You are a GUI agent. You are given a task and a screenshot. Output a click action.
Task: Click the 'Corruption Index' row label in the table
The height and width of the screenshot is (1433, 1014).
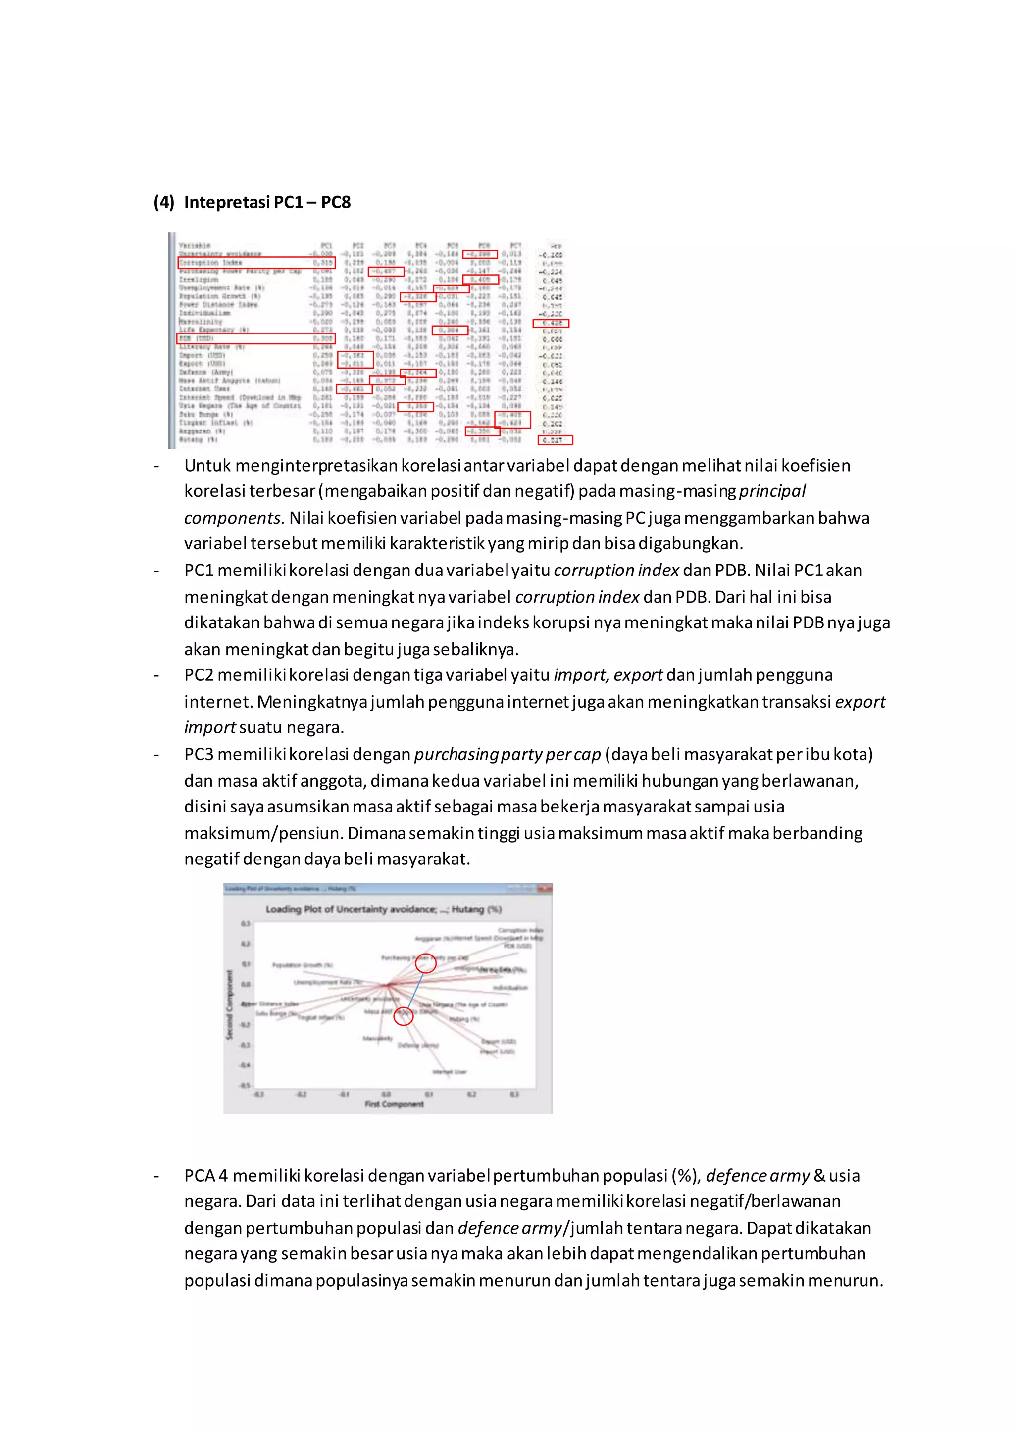point(210,263)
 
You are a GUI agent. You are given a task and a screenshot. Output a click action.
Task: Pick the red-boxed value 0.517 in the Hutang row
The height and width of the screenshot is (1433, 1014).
point(555,440)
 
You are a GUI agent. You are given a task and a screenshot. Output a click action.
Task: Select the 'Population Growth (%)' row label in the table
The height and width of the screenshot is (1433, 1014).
point(219,296)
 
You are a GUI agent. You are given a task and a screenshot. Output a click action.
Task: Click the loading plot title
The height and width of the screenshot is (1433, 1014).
point(383,909)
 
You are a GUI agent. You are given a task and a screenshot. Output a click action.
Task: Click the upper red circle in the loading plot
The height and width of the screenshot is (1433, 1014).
point(426,963)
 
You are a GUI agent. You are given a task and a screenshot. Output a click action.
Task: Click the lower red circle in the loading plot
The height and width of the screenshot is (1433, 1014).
point(404,1016)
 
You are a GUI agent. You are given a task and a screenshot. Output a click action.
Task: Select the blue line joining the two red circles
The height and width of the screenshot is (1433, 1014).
point(414,990)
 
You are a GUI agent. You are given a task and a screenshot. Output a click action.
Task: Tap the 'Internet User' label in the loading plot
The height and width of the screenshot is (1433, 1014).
point(450,1072)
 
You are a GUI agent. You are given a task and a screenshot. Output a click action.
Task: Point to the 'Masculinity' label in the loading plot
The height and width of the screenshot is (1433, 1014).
point(377,1039)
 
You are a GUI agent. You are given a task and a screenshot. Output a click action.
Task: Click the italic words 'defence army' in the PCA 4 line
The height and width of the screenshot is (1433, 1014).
point(758,1176)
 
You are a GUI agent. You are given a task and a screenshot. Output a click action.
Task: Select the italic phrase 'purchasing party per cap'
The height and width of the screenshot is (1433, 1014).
point(507,755)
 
